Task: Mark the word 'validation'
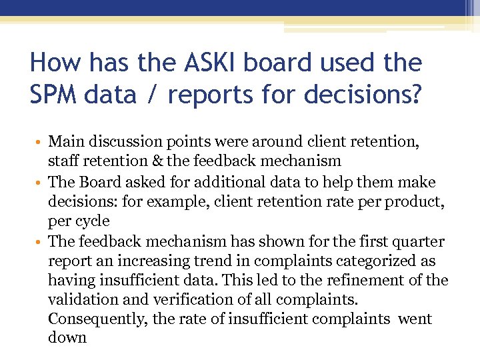coord(79,299)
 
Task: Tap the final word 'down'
coord(67,338)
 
